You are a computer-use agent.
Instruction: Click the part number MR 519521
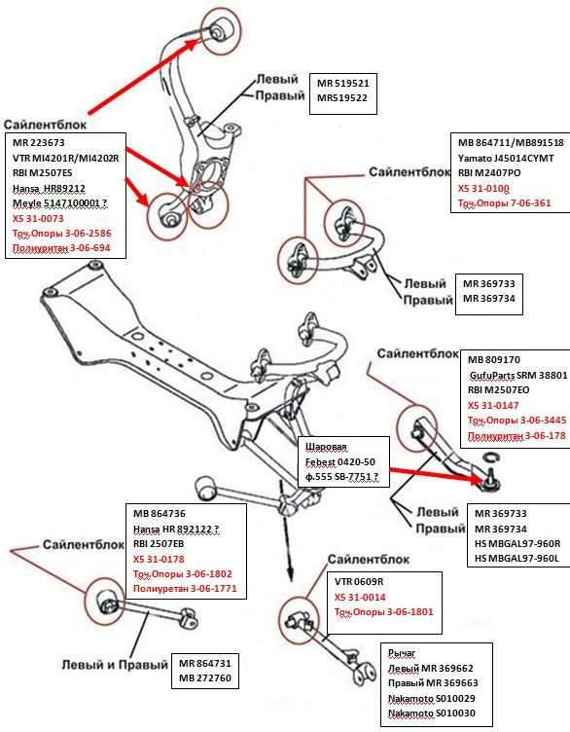click(342, 84)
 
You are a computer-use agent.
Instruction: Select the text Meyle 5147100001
click(56, 203)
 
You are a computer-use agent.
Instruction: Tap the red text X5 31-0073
click(38, 218)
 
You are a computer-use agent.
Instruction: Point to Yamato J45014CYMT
click(506, 159)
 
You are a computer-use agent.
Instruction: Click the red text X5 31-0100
click(483, 189)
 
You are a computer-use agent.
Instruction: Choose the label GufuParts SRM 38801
click(518, 376)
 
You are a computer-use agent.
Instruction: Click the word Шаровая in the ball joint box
click(326, 447)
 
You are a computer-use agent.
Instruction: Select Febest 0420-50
click(340, 462)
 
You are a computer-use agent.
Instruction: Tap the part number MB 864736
click(160, 514)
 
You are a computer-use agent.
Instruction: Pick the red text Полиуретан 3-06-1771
click(185, 589)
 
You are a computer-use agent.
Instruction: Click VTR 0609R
click(359, 582)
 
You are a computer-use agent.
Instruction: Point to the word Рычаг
click(402, 653)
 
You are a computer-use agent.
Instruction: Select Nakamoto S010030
click(432, 714)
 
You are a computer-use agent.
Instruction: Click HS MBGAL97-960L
click(517, 559)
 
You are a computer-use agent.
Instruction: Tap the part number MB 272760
click(205, 677)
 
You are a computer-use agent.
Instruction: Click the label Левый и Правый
click(115, 664)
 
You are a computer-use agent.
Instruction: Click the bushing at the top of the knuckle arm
click(222, 28)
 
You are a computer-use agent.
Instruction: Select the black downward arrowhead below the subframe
click(290, 574)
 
